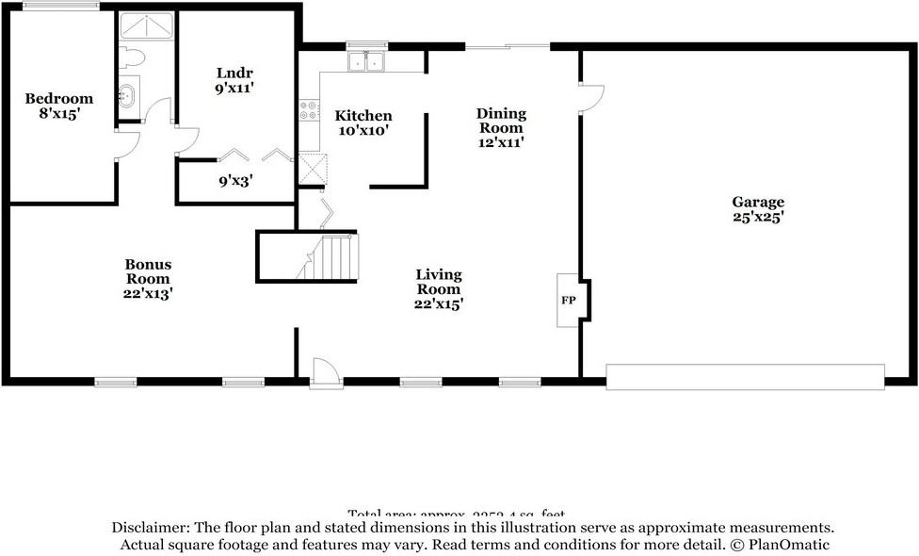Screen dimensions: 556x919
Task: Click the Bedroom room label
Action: [59, 99]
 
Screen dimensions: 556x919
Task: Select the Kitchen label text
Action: [363, 116]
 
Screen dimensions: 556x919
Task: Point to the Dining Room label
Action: [501, 121]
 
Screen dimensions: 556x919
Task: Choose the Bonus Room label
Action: [149, 271]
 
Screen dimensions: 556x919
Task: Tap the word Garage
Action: [758, 202]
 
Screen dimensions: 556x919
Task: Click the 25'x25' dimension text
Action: [758, 217]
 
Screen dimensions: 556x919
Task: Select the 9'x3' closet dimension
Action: [235, 180]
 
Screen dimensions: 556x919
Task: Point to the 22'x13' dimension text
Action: [149, 293]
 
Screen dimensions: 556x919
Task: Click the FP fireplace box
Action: [569, 301]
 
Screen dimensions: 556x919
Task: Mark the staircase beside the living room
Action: [330, 257]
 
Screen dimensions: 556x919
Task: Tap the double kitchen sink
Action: [366, 62]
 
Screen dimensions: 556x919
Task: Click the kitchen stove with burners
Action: [307, 111]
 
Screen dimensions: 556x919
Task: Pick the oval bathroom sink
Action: [127, 95]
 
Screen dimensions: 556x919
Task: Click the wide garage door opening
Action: [745, 377]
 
